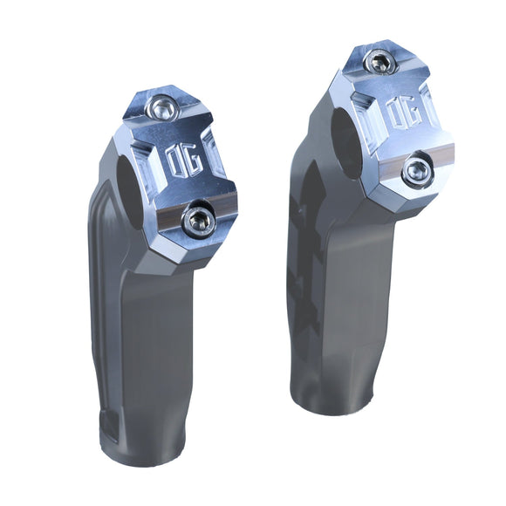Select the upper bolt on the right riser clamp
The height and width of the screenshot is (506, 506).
[378, 62]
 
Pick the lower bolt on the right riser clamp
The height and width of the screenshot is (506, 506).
[416, 169]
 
